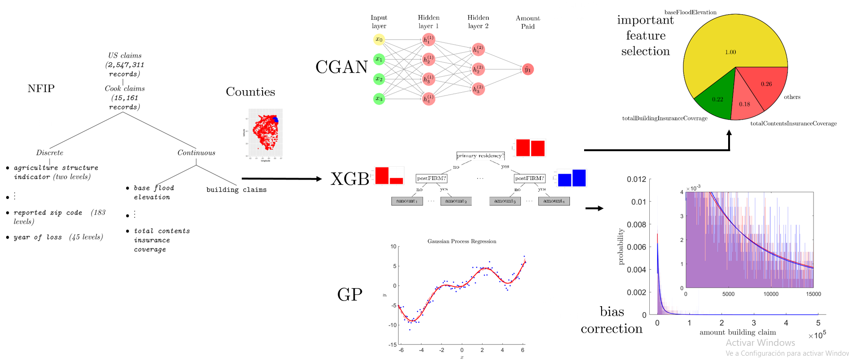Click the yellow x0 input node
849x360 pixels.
379,39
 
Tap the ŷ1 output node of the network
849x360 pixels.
528,69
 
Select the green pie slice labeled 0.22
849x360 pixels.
716,97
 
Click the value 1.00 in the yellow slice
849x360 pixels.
730,52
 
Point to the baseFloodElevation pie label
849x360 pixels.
690,12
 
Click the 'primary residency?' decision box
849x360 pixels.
480,155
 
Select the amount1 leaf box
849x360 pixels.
407,201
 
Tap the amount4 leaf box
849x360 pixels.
554,201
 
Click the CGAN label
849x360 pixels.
341,67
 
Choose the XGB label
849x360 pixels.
350,179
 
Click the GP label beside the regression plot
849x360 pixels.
350,294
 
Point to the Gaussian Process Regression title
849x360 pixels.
462,241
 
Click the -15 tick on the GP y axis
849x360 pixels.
392,345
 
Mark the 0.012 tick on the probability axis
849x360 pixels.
636,180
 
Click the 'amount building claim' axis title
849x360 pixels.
738,332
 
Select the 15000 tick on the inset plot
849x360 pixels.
813,294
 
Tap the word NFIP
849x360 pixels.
41,88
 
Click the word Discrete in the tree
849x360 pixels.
50,153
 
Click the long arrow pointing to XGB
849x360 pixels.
281,179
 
